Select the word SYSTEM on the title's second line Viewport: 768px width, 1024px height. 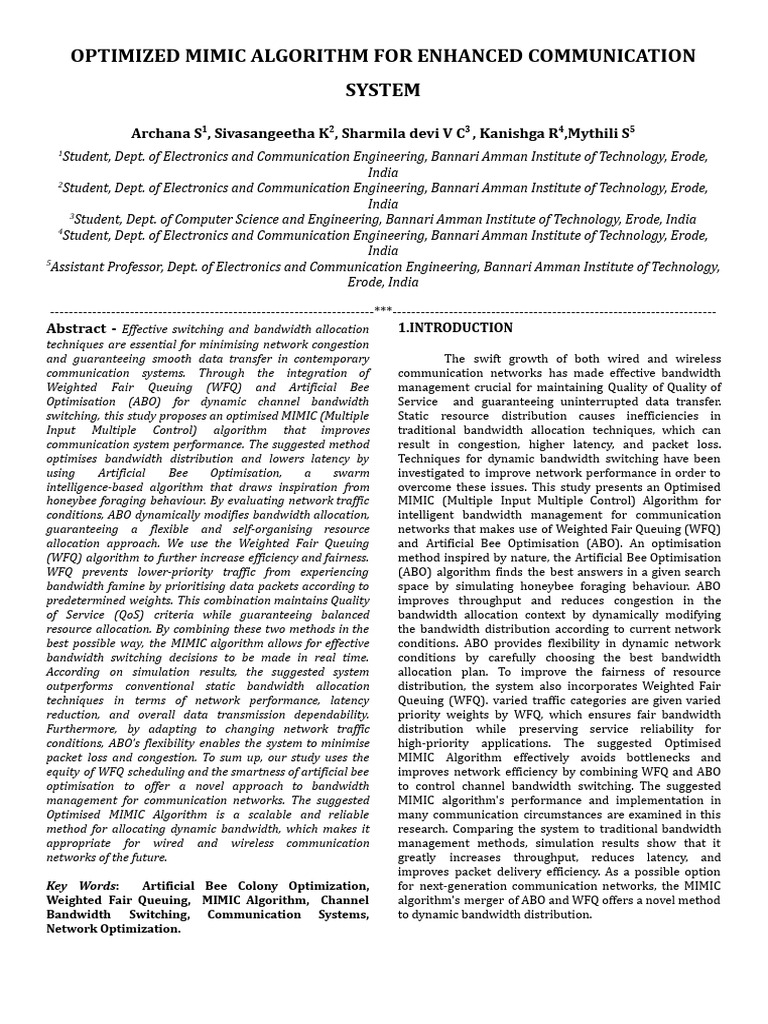(383, 90)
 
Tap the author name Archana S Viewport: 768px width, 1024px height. (167, 132)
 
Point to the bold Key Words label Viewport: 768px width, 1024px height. (80, 887)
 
